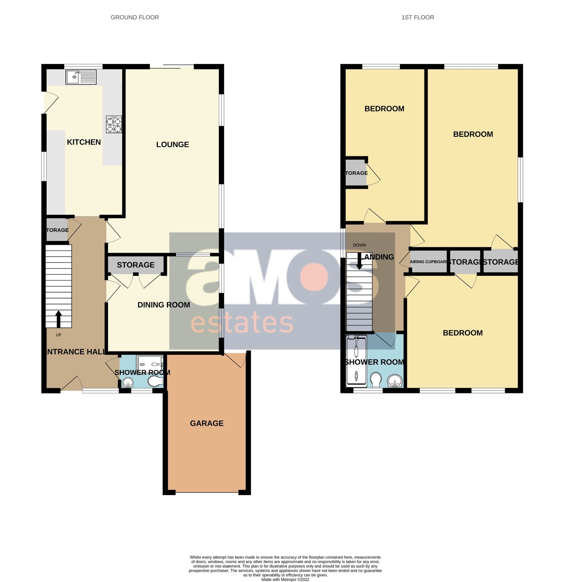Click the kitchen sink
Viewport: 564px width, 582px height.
(x=81, y=77)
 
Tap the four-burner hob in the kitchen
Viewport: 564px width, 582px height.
(x=114, y=124)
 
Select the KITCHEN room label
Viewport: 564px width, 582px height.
(x=84, y=142)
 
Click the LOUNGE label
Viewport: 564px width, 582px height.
(x=172, y=145)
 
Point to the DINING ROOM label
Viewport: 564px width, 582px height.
(x=164, y=305)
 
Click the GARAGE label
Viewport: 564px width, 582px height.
(x=207, y=423)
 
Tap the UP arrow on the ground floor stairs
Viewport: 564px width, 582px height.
(x=59, y=318)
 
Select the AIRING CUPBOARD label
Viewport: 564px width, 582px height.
(x=428, y=262)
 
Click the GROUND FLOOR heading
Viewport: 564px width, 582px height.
(x=135, y=17)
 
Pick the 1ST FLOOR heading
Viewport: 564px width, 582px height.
(x=418, y=17)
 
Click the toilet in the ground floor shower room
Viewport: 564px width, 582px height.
(x=155, y=382)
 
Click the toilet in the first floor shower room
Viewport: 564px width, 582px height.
(x=375, y=380)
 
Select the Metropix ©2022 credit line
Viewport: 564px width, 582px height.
(x=285, y=579)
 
